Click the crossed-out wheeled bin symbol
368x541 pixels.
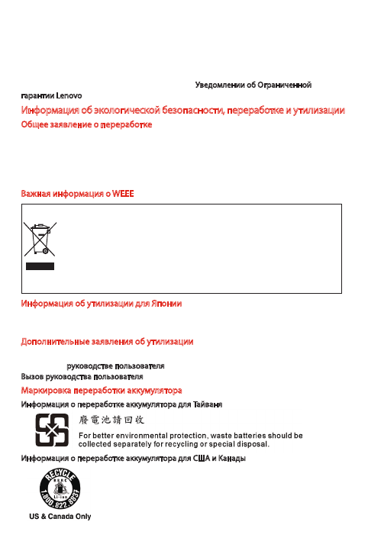38,239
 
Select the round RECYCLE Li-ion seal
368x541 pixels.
55,488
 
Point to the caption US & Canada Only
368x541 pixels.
55,517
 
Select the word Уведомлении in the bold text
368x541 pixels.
224,83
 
